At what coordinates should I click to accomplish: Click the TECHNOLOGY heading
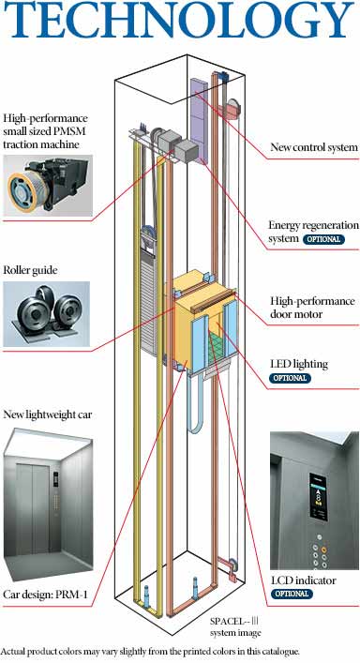(179, 19)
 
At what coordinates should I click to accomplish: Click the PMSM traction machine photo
(47, 186)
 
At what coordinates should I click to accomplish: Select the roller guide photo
(47, 314)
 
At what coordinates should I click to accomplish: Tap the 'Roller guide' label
(30, 270)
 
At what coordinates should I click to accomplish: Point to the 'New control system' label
(314, 147)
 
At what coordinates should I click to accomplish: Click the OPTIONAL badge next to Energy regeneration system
(323, 239)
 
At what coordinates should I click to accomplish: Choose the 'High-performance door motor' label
(312, 308)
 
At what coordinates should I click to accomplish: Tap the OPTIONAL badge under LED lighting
(290, 378)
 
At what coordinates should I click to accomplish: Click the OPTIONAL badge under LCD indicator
(292, 594)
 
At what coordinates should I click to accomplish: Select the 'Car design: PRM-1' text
(46, 595)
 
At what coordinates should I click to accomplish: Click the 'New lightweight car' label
(47, 414)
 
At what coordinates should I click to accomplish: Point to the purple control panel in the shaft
(199, 121)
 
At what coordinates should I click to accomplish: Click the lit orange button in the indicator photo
(323, 550)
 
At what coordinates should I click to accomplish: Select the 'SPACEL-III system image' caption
(235, 626)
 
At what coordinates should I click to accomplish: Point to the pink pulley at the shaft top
(233, 108)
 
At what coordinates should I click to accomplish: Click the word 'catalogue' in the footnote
(281, 651)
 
